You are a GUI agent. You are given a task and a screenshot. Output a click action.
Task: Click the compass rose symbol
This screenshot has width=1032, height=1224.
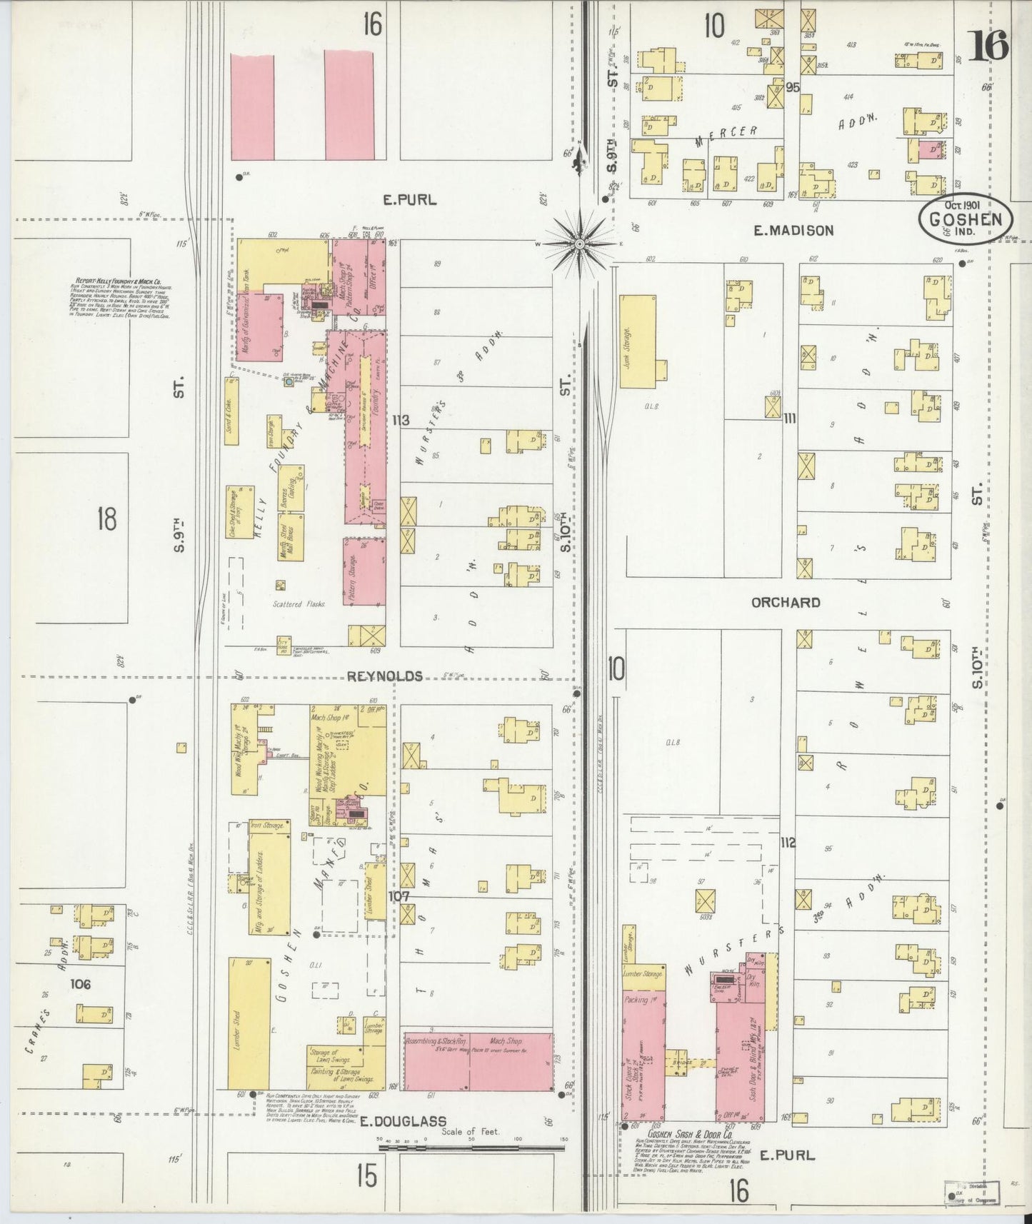(580, 244)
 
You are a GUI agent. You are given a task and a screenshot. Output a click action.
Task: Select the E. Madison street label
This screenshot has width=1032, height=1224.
(793, 230)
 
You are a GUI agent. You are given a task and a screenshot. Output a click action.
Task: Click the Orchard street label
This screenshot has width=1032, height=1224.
(786, 602)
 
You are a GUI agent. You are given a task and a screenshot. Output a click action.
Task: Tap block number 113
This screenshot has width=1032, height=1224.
(400, 421)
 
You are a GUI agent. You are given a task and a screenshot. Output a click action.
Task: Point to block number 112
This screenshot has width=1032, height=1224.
(787, 843)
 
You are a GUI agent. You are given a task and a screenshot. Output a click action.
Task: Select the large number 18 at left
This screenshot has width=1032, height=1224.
(106, 519)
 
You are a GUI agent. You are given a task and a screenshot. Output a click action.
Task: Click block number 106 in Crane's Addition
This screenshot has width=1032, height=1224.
(81, 984)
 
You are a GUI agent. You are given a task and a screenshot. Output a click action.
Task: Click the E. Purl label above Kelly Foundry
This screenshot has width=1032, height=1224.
(409, 200)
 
